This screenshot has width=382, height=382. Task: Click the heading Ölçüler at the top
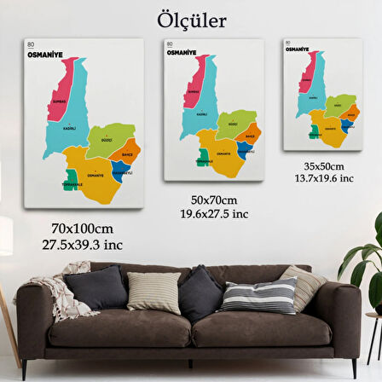[x=191, y=19]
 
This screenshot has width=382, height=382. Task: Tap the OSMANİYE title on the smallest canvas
[x=298, y=49]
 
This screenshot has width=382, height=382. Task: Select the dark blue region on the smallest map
[x=345, y=124]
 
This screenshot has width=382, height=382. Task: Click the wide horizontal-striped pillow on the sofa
[x=247, y=297]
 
